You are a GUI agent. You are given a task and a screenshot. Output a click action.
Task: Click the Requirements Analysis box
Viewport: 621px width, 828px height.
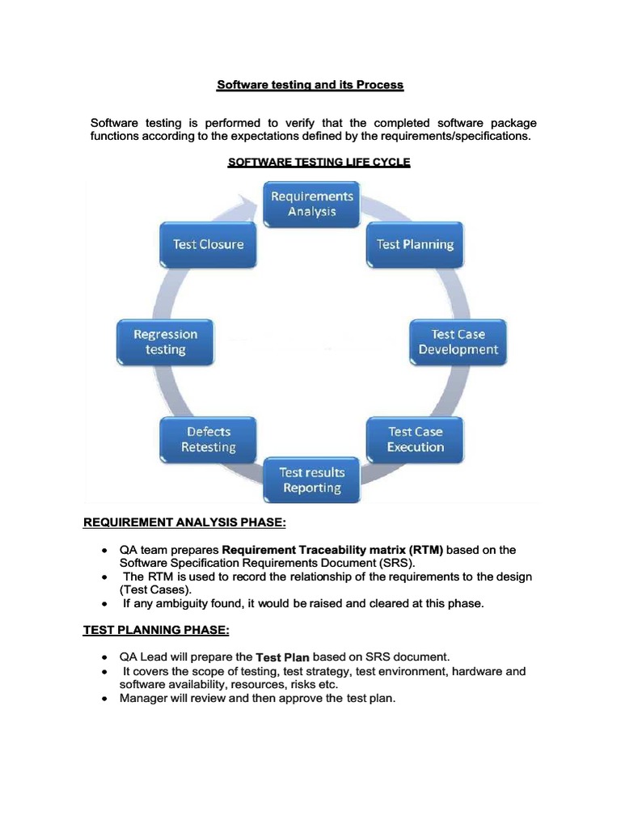[x=311, y=203]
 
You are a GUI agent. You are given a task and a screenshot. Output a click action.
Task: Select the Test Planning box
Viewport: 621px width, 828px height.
[x=415, y=244]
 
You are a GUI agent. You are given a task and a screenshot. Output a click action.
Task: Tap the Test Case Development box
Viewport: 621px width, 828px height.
[x=458, y=341]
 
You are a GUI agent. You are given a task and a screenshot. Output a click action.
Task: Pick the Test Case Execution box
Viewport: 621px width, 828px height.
[x=415, y=439]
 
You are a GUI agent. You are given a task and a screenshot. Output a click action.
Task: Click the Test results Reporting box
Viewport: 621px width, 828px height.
[x=311, y=479]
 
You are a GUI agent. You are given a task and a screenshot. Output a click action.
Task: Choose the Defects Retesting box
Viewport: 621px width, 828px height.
[x=208, y=439]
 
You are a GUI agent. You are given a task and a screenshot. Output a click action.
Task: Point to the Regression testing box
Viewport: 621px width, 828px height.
[x=165, y=341]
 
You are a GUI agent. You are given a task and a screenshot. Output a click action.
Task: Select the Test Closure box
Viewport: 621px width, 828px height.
[x=208, y=244]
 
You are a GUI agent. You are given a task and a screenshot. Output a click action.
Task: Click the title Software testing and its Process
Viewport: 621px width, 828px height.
[x=310, y=85]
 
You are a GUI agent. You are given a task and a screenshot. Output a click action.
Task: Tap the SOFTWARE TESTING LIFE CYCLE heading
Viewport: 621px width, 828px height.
[x=319, y=163]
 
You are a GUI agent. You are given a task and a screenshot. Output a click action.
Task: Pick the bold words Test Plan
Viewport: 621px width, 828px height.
[x=283, y=657]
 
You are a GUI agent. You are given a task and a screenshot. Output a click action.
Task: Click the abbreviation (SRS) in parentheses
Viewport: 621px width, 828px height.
[x=397, y=563]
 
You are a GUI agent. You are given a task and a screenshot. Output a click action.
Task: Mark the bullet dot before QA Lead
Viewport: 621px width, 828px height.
[x=105, y=657]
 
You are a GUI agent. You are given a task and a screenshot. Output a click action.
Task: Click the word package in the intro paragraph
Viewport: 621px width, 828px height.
[x=513, y=123]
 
